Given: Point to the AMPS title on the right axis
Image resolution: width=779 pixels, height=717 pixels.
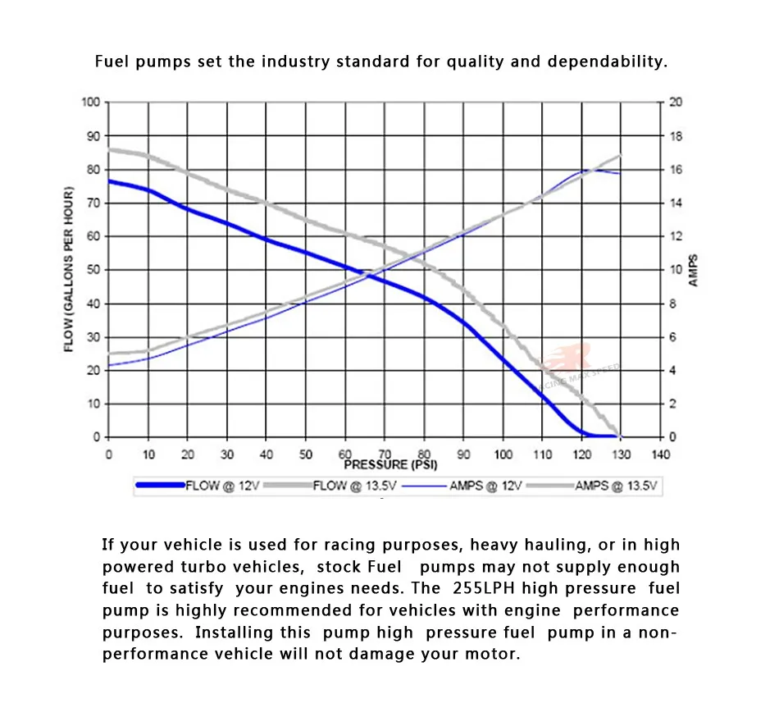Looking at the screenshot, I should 694,270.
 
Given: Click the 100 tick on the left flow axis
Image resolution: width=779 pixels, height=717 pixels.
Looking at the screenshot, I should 91,103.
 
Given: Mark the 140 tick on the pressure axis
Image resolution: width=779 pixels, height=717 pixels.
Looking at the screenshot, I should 661,454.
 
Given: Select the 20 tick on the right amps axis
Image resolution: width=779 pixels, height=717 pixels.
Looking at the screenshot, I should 676,103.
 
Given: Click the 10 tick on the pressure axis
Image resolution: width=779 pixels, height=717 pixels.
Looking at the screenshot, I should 148,454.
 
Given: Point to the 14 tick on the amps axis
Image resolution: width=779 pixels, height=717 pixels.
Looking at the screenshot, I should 676,203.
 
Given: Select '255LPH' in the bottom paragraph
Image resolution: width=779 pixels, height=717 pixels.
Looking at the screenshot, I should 486,588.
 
